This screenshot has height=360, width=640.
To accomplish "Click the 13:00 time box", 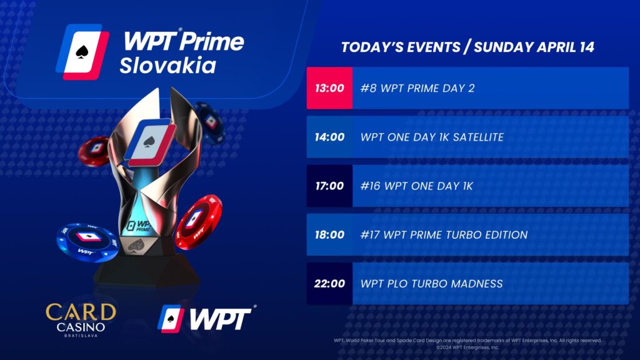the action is coord(329,88).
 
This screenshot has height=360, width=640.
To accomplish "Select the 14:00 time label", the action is coord(329,137).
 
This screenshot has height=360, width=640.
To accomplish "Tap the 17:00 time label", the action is coord(329,186).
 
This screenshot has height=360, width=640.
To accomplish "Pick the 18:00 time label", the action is coord(329,235).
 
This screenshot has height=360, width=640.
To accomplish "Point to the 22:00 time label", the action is coord(329,284).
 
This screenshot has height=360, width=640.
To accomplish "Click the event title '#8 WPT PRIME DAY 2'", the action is coord(417,88).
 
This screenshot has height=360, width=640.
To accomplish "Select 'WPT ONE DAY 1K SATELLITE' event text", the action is coord(432,137).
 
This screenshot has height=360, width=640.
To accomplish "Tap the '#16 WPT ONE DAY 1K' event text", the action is coord(417,186).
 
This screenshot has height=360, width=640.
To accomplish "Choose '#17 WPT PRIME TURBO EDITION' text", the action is coord(444,235).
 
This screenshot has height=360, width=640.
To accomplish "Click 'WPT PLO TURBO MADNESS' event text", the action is coord(431,284).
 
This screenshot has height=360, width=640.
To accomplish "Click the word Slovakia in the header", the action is coord(167,66).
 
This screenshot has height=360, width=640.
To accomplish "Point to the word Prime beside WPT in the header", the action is coord(212,41).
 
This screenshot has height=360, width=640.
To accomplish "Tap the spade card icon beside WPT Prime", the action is coord(82,52).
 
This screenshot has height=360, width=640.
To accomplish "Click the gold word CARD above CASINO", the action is coord(81,312).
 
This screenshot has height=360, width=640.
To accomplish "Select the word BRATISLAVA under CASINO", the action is coord(81,336).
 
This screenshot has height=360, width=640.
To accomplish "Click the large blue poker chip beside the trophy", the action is coord(88,242).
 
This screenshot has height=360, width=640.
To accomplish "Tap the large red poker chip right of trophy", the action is coord(199,222).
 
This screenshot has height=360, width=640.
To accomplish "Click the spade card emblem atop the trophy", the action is coord(150,142).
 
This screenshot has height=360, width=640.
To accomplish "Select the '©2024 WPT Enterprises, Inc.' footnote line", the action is coord(467,347).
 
